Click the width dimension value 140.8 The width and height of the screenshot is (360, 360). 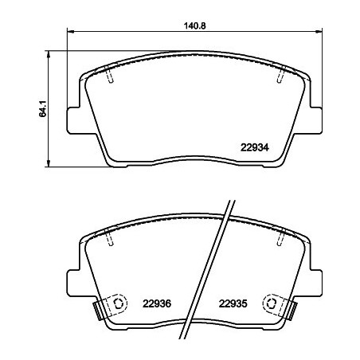(196, 25)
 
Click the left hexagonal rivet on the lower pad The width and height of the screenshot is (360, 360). (117, 303)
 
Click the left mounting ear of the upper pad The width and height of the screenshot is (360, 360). (73, 119)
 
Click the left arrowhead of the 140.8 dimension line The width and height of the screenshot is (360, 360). (68, 33)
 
